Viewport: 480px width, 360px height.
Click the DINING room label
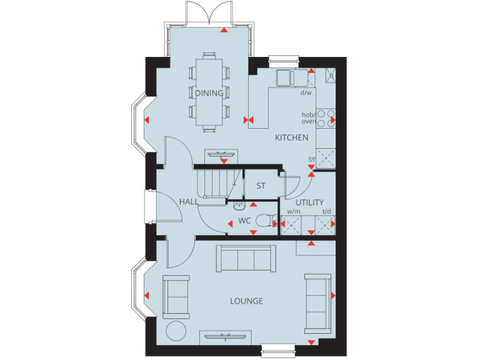point(209,94)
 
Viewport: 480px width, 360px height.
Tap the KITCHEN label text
point(291,137)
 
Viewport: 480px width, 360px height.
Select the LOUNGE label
point(246,301)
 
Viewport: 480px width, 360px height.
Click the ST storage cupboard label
point(261,186)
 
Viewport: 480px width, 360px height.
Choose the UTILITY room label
point(309,202)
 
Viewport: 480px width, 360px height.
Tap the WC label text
point(244,221)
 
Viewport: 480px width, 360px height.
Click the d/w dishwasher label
point(306,93)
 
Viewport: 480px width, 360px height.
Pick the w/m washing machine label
point(294,212)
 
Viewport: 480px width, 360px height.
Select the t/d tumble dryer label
point(326,212)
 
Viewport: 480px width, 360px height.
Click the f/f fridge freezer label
point(311,160)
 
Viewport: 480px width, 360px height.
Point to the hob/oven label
point(309,118)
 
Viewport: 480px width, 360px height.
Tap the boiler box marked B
point(331,76)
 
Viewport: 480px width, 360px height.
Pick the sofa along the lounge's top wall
point(246,258)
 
